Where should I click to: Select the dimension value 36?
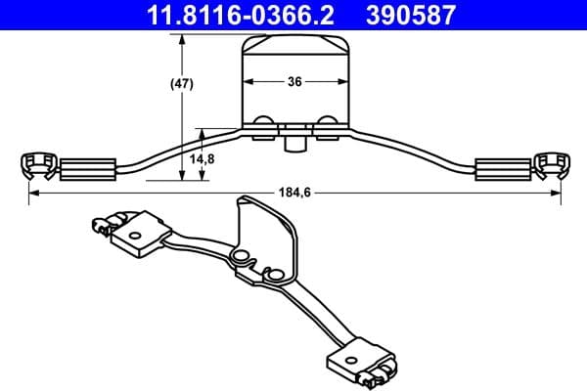point(293,83)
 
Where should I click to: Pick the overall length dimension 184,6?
point(293,194)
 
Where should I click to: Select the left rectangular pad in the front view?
point(89,168)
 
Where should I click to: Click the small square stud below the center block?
point(293,144)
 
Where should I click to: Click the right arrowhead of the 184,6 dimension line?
point(557,194)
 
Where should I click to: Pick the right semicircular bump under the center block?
point(326,121)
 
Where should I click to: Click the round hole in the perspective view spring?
point(238,258)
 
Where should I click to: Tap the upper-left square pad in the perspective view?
point(136,234)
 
